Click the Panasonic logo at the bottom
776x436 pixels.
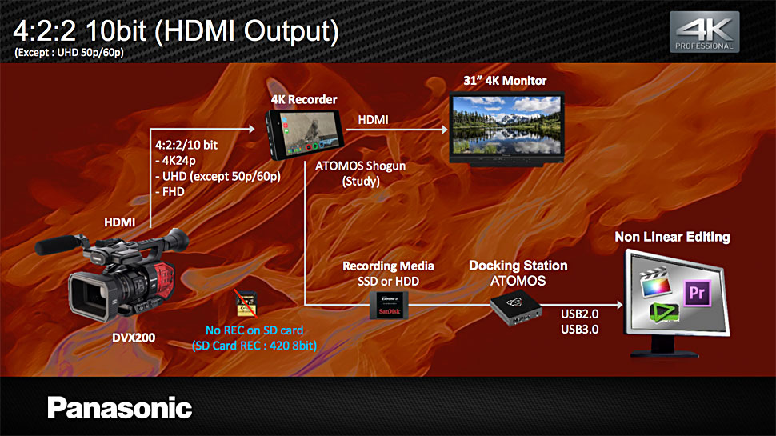pos(120,408)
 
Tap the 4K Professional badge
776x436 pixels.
pos(704,32)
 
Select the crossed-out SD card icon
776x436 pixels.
pos(246,304)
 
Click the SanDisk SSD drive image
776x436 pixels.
pos(389,305)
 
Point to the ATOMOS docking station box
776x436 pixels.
pos(516,308)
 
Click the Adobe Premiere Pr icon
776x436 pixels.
pos(697,293)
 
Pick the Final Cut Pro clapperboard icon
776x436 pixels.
pos(655,282)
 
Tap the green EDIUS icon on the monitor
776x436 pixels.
pos(664,313)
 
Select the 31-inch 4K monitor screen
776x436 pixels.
pos(506,126)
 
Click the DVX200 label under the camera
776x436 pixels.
pos(134,338)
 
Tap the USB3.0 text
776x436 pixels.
pos(579,329)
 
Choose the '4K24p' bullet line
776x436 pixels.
pos(176,160)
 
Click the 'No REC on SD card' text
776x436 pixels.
pos(254,330)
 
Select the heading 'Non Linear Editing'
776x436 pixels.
pos(672,237)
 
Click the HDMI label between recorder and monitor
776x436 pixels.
pos(373,120)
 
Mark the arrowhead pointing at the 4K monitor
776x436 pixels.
pos(445,129)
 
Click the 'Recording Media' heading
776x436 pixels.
pos(388,266)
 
